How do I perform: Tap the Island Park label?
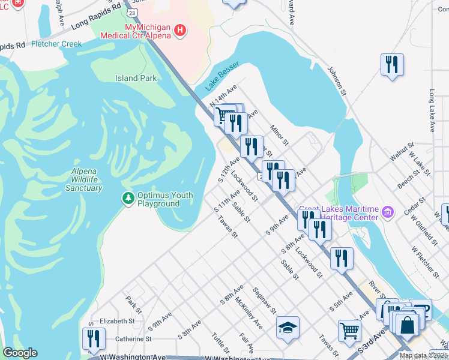click(x=136, y=78)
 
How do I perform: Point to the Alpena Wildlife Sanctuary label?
click(x=83, y=179)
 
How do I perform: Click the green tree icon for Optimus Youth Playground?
click(x=127, y=198)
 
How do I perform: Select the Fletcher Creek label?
click(x=56, y=44)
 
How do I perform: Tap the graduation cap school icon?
click(x=288, y=328)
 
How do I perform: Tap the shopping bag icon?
click(x=408, y=325)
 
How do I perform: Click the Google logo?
click(x=20, y=353)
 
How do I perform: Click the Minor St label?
click(x=279, y=135)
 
